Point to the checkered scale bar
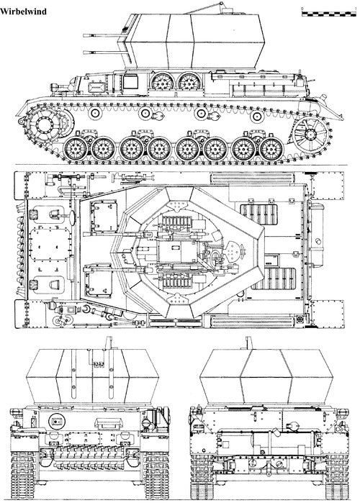327,10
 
